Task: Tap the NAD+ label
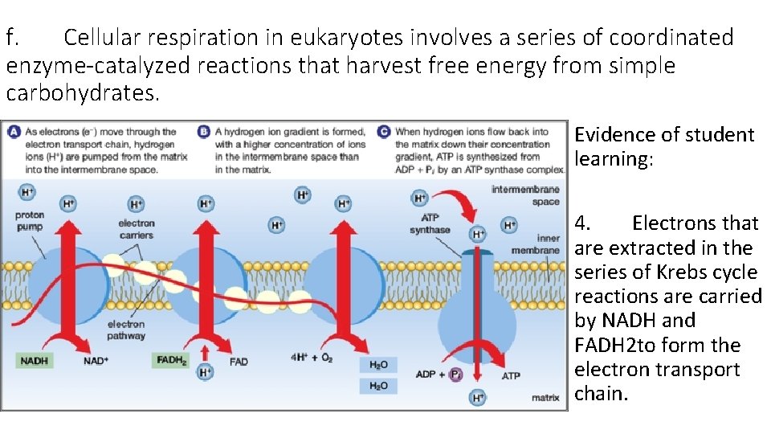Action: tap(96, 362)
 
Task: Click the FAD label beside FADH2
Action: tap(239, 362)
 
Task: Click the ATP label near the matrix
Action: tap(511, 375)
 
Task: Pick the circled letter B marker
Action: tap(204, 132)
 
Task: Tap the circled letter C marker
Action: tap(384, 132)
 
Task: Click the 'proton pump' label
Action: tap(29, 221)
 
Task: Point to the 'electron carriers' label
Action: tap(136, 229)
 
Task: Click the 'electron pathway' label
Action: tap(126, 330)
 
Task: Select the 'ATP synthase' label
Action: tap(430, 224)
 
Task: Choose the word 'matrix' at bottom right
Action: tap(545, 398)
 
